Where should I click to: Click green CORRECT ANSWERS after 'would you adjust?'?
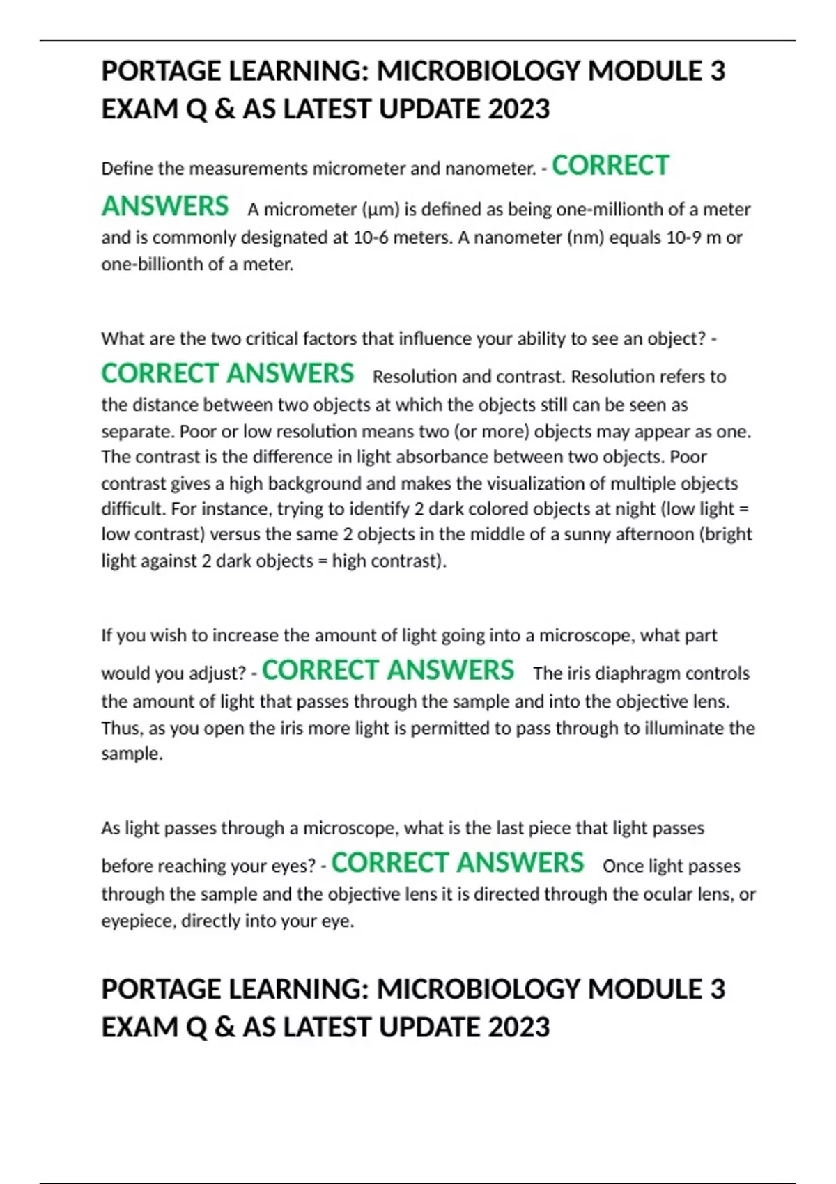[x=388, y=670]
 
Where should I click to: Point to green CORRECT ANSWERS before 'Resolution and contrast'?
[x=228, y=374]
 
